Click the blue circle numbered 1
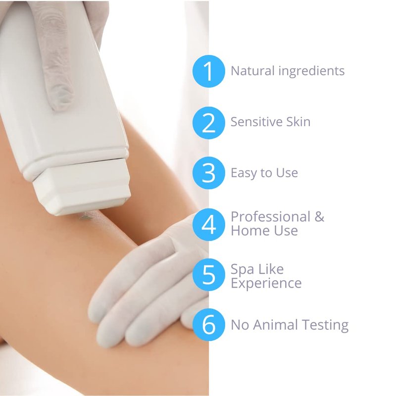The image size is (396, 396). [x=208, y=71]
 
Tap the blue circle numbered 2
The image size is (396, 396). [x=208, y=123]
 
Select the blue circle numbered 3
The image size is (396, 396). [x=208, y=173]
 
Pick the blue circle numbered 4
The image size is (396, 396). [x=208, y=225]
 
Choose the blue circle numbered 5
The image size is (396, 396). [x=208, y=275]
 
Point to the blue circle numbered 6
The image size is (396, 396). [x=208, y=325]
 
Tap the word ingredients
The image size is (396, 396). [x=312, y=71]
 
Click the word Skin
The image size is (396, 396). [x=298, y=122]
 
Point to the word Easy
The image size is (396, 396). [x=244, y=174]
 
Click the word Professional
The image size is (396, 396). [x=270, y=217]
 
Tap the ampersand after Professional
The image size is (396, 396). [x=319, y=217]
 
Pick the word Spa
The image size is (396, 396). [x=242, y=270]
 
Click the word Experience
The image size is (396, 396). [x=266, y=284]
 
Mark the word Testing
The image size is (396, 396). [x=325, y=326]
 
